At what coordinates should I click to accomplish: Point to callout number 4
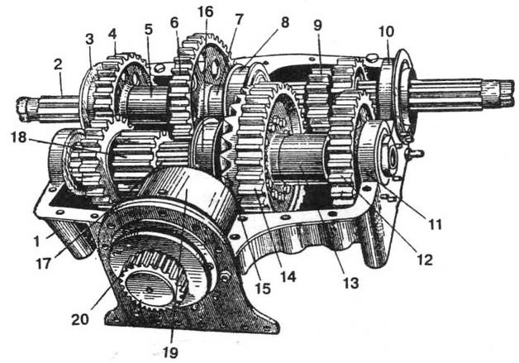112,36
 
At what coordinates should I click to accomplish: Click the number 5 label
148,29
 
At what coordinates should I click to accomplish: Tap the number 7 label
240,18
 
